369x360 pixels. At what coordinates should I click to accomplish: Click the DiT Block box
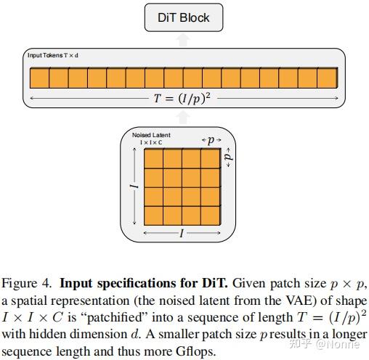[x=184, y=18]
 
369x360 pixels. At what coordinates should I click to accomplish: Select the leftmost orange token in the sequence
[x=38, y=78]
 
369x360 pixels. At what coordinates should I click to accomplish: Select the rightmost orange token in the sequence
[x=328, y=78]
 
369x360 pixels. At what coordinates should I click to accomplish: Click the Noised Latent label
[x=151, y=136]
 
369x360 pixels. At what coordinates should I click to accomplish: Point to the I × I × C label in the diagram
[x=151, y=142]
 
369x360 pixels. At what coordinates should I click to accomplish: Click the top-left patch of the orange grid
[x=154, y=158]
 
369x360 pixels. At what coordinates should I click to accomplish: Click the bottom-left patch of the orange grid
[x=154, y=215]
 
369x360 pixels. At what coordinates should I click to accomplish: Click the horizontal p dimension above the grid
[x=210, y=140]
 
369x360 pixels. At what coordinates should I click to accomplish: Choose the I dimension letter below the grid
[x=182, y=233]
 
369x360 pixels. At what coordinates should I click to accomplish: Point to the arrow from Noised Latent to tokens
[x=184, y=116]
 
